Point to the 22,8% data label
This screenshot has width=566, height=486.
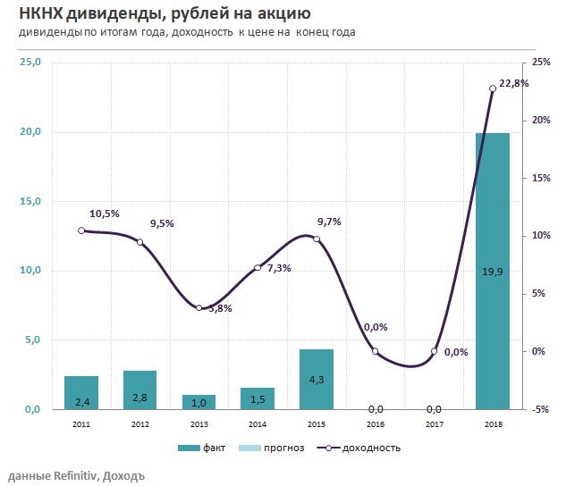(513, 83)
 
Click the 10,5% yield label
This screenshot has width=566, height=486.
(105, 214)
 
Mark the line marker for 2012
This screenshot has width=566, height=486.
(139, 242)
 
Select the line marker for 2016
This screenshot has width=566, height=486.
(375, 351)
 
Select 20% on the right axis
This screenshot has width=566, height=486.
(540, 121)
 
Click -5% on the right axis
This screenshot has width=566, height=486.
(540, 409)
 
